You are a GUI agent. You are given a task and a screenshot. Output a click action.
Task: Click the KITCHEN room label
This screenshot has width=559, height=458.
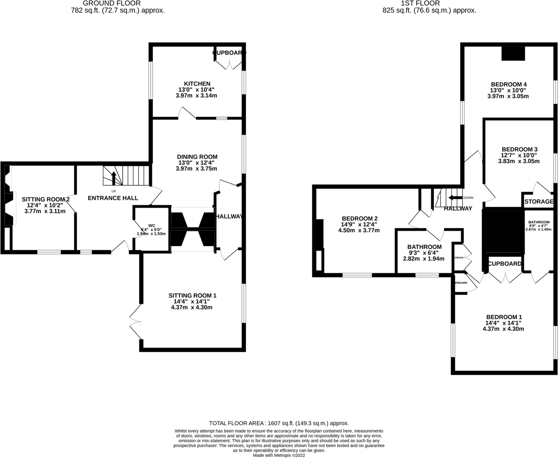(x=197, y=84)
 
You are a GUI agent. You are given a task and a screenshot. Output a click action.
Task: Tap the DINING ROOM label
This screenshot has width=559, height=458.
(x=197, y=157)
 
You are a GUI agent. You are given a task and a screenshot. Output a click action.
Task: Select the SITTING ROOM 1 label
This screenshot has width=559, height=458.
(x=192, y=296)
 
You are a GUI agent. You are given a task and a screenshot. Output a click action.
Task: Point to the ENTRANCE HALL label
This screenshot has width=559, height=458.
(x=113, y=198)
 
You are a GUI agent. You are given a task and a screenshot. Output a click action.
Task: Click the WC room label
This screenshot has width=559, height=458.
(x=152, y=226)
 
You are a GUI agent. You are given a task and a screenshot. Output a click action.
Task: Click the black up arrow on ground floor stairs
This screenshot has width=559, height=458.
(x=113, y=178)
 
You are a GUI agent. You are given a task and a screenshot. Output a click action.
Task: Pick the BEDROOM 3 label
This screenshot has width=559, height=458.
(x=519, y=149)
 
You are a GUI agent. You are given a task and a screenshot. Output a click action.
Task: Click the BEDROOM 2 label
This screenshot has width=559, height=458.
(x=359, y=218)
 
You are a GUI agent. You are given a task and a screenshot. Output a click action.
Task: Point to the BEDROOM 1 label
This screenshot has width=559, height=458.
(x=504, y=317)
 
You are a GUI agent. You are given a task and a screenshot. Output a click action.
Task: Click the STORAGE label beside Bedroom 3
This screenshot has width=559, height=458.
(x=538, y=201)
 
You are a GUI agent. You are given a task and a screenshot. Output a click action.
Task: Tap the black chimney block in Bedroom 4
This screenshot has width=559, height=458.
(x=513, y=53)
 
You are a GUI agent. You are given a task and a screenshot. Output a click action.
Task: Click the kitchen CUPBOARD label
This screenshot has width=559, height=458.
(x=229, y=53)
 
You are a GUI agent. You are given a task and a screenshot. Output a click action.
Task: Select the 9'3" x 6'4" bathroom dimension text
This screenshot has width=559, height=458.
(x=424, y=253)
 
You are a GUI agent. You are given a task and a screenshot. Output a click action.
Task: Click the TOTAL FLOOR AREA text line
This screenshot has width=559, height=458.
(x=279, y=423)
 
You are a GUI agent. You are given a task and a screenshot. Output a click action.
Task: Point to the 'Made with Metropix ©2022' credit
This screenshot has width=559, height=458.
(x=279, y=455)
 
